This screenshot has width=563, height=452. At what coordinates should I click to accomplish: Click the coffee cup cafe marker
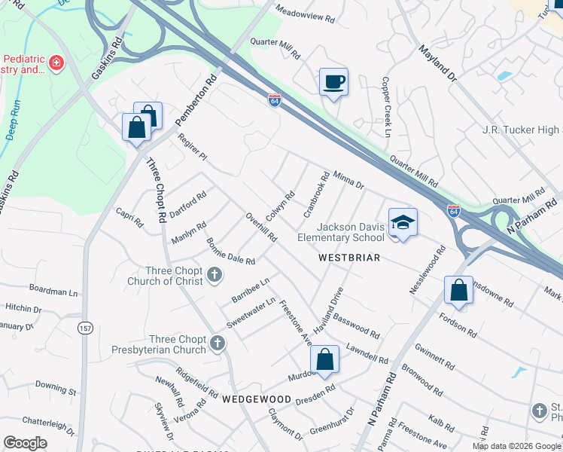(x=333, y=81)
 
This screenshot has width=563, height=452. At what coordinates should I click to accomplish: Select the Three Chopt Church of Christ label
(x=165, y=276)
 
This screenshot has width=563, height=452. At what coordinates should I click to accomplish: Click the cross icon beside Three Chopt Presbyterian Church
(x=218, y=344)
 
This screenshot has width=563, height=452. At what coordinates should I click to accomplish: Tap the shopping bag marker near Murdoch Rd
(x=324, y=359)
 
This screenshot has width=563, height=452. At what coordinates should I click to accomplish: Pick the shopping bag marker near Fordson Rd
(x=458, y=291)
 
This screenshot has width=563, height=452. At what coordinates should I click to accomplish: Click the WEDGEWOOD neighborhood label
(x=256, y=399)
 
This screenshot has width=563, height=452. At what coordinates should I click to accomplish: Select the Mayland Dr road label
(x=438, y=64)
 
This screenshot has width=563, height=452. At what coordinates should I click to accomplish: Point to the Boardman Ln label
(x=53, y=289)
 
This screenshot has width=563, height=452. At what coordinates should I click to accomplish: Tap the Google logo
(x=26, y=443)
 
